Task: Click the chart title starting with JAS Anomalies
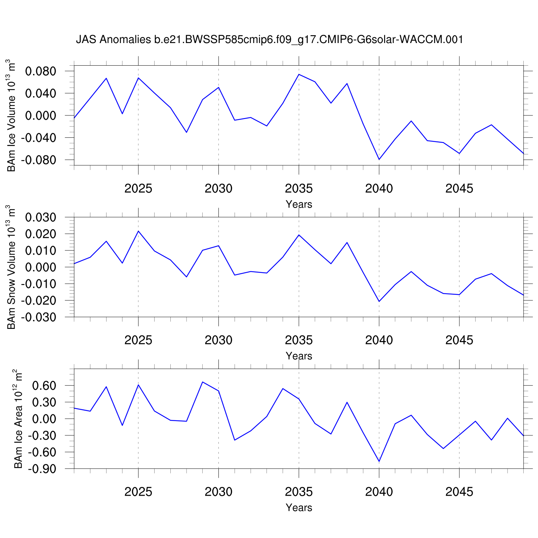click(x=269, y=39)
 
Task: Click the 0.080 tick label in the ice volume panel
click(x=41, y=71)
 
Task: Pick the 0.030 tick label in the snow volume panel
click(x=41, y=217)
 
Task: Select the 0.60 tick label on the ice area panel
click(x=44, y=386)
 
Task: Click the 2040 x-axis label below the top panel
click(x=379, y=188)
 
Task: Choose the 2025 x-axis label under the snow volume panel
click(x=138, y=340)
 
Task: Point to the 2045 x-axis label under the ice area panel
click(x=459, y=492)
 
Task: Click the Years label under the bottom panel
click(x=299, y=508)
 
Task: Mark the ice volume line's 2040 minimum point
click(x=379, y=159)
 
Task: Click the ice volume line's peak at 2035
click(x=299, y=74)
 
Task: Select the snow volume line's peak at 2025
click(x=138, y=231)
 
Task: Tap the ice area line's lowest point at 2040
click(x=379, y=461)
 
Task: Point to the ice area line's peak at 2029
click(x=203, y=382)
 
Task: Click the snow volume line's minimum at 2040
click(x=379, y=301)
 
